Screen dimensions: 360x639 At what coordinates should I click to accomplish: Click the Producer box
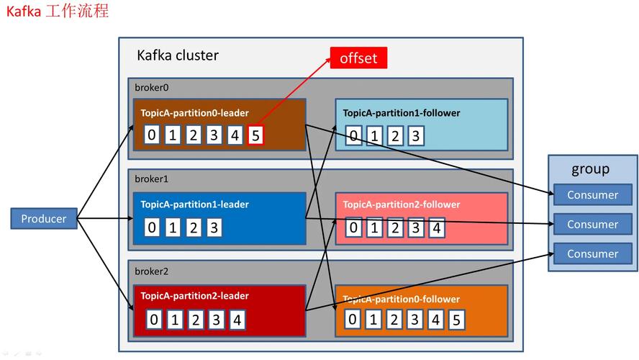click(x=44, y=219)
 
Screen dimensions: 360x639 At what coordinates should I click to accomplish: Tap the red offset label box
click(x=358, y=58)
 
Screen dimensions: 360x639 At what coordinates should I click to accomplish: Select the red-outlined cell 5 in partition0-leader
click(x=255, y=135)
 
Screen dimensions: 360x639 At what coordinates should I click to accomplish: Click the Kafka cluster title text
click(x=178, y=55)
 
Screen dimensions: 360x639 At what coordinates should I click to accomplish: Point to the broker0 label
click(x=151, y=87)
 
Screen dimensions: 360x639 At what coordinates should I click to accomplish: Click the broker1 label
click(x=151, y=179)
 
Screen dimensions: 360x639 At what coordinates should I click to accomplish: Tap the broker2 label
click(x=151, y=271)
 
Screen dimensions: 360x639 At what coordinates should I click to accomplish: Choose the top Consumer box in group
click(x=592, y=195)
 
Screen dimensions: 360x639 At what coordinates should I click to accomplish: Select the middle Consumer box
click(x=592, y=224)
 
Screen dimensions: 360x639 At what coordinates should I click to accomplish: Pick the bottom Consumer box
click(x=592, y=253)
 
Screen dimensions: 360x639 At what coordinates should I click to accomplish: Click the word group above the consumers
click(x=590, y=169)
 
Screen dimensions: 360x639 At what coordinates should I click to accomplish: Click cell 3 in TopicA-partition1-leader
click(x=214, y=228)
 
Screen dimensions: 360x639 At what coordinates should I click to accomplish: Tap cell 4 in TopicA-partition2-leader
click(x=237, y=320)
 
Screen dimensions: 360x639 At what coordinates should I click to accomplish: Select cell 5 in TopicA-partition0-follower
click(x=456, y=320)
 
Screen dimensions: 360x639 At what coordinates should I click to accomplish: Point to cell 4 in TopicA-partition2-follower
click(x=435, y=228)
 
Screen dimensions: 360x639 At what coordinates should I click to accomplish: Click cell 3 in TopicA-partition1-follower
click(x=414, y=136)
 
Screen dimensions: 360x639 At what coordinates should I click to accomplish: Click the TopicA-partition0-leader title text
click(x=194, y=113)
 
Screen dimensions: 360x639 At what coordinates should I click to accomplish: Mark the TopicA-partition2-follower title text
click(x=402, y=204)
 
